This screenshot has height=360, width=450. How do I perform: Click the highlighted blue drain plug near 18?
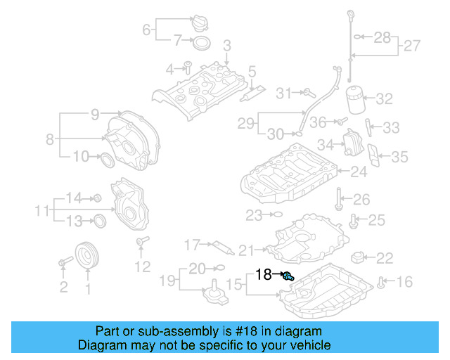coord(287,276)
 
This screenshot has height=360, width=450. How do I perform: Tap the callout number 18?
coord(264,274)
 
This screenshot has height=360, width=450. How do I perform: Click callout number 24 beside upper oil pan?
coord(359,171)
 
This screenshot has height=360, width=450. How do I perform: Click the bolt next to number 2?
coord(64,263)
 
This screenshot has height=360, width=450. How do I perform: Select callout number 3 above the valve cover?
coord(227,46)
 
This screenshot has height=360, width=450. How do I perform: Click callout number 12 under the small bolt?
coord(142,266)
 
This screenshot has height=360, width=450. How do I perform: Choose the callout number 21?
coord(245,250)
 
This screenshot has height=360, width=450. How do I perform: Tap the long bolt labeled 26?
coord(340,199)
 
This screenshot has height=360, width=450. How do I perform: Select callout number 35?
coord(399,156)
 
